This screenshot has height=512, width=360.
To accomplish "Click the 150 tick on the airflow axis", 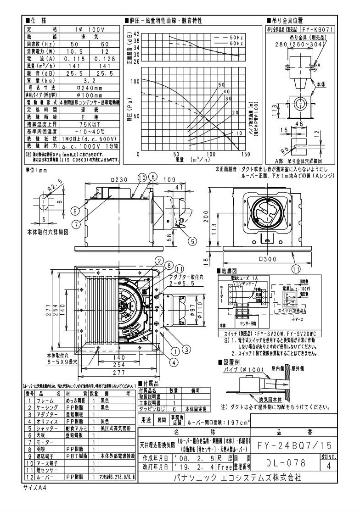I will click(x=245, y=155).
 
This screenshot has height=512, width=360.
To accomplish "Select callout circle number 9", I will click(x=74, y=211).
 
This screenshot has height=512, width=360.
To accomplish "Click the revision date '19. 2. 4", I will click(x=187, y=466).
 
